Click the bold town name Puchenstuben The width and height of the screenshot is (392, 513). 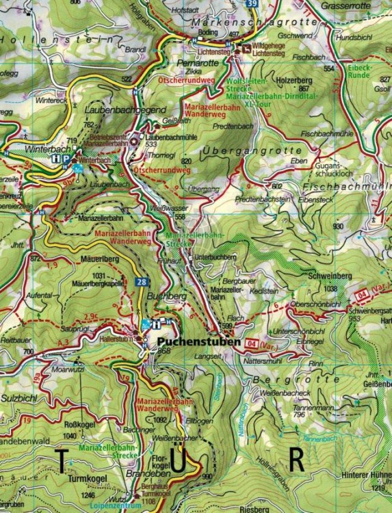coord(198,341)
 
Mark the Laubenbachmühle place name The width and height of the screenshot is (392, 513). coord(169,136)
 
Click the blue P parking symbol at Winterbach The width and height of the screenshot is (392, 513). coord(66,157)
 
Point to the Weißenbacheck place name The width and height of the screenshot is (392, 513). coord(288,393)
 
